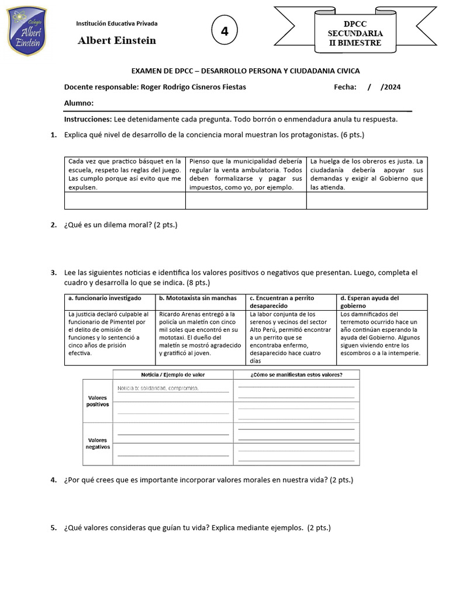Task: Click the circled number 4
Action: [224, 32]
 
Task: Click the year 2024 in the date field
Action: [391, 87]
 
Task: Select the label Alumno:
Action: [79, 103]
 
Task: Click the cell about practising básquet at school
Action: [125, 174]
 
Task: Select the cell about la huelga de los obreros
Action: [367, 174]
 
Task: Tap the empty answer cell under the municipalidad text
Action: [246, 201]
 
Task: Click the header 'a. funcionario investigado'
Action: [105, 298]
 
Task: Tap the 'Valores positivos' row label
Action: [98, 401]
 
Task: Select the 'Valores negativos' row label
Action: [98, 443]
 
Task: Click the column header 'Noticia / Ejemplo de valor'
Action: [173, 374]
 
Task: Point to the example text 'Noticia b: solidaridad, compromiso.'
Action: [158, 388]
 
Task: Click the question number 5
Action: [53, 528]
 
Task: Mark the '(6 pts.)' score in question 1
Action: [353, 135]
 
